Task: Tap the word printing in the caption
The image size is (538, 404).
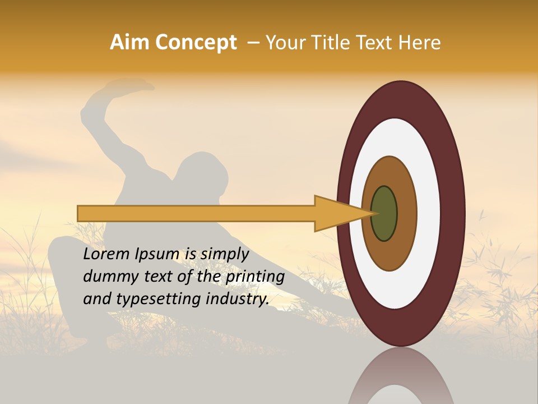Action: (x=255, y=277)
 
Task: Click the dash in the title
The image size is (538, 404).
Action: (x=253, y=43)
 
